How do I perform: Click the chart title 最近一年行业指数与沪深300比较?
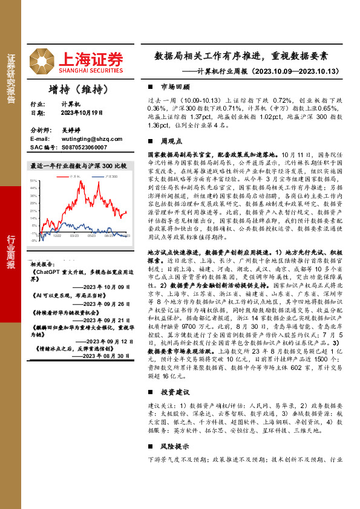click(x=78, y=166)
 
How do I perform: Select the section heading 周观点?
click(x=169, y=140)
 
